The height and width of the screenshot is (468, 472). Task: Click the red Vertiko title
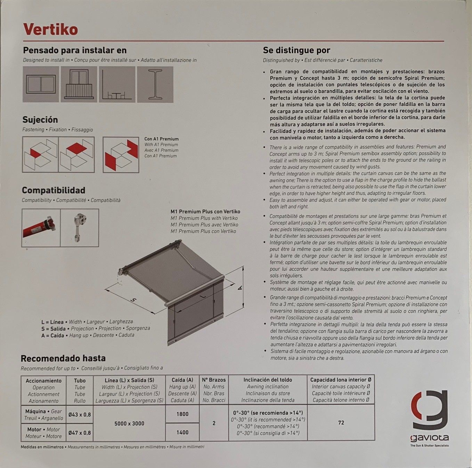coord(50,29)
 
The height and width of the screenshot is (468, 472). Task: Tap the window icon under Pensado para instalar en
coord(41,85)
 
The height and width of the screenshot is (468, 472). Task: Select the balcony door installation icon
coord(79,85)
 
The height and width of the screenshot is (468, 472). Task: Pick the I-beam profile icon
coord(155,85)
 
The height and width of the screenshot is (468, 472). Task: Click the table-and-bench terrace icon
coord(117,85)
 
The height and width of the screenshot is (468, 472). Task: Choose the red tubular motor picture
coord(41,228)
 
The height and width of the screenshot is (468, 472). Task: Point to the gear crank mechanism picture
coord(80,228)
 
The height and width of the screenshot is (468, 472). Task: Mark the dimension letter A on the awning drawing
coord(240,287)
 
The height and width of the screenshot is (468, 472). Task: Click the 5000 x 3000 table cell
coord(129,423)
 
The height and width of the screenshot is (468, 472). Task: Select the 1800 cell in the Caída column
coord(182,414)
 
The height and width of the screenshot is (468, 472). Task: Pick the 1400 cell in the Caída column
coord(182,433)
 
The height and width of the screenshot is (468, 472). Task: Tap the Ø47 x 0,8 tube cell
coord(80,433)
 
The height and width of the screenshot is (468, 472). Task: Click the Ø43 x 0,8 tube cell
coord(80,414)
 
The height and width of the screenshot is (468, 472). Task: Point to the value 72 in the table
coord(341,422)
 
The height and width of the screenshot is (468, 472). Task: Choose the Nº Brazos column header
coord(214,380)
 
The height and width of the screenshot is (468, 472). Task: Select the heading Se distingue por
coord(296,50)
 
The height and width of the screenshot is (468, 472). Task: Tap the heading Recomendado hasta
coord(63,358)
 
